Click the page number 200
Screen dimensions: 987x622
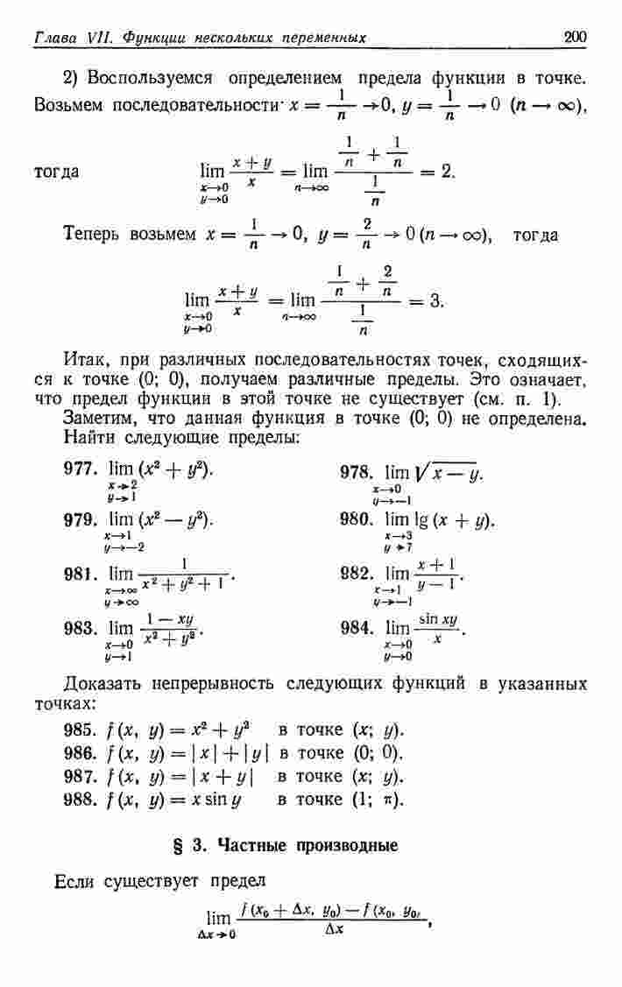(575, 36)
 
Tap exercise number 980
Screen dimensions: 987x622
(356, 519)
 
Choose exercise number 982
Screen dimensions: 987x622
(356, 574)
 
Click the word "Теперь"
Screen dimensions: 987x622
(93, 236)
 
